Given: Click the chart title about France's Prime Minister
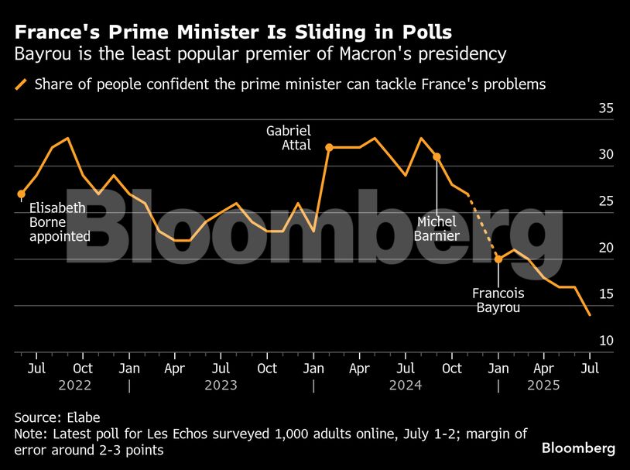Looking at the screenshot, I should [x=233, y=32].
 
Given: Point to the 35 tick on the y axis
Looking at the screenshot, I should [x=606, y=108].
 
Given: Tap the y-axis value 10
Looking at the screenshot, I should [x=606, y=341].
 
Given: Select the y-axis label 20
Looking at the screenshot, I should [x=606, y=248].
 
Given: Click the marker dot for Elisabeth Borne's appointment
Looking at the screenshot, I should [x=21, y=194].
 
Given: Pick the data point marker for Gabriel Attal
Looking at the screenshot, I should [x=329, y=147].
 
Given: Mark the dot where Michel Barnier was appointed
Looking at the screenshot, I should [x=437, y=156].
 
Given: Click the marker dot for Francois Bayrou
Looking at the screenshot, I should [x=498, y=259].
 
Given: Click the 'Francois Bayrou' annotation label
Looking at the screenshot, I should [x=498, y=300].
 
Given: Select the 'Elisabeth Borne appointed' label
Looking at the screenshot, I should [x=60, y=222].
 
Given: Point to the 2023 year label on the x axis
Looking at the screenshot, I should [x=221, y=384].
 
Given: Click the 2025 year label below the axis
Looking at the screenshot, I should [x=544, y=384].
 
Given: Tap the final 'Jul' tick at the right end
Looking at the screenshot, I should [x=591, y=368].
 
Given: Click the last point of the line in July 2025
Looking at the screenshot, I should [x=591, y=315].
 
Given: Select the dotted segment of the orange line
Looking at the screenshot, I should [x=483, y=225].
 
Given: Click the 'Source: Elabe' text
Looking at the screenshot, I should [x=57, y=417].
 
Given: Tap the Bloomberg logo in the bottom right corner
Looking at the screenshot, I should [x=578, y=448].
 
